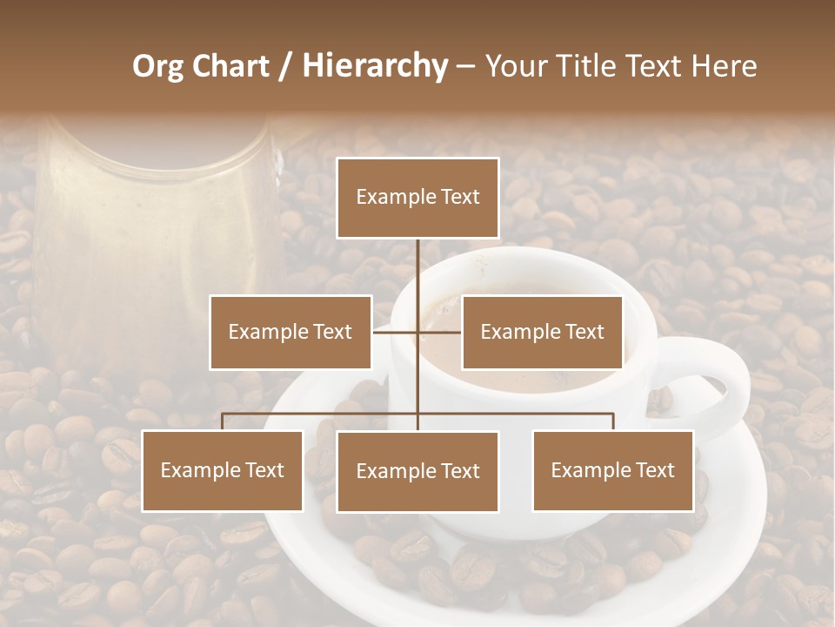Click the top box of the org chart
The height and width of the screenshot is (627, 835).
point(417,198)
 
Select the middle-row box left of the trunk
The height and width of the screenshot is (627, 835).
point(291,332)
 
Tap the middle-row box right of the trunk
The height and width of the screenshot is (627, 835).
point(542,332)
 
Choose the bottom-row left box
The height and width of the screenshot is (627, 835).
point(223,470)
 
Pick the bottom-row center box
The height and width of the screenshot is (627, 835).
point(417,471)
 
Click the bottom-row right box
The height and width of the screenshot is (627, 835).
point(613,470)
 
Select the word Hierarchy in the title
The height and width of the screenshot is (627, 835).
point(374,66)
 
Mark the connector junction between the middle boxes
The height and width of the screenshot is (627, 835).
point(417,332)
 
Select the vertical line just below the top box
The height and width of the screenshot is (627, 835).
point(417,261)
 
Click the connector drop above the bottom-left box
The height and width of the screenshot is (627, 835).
point(223,421)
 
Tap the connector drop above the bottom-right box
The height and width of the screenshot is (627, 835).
point(613,421)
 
